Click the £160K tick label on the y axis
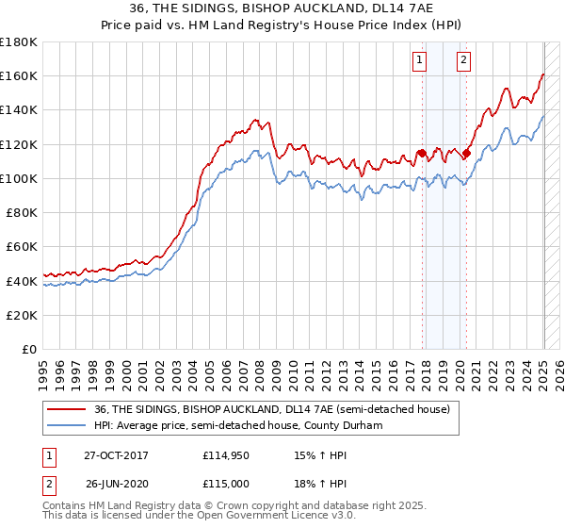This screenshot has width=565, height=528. coord(19,75)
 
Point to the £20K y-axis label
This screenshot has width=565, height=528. coord(22,315)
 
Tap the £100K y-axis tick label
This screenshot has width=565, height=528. coord(19,178)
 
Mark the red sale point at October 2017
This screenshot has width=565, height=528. coord(422,153)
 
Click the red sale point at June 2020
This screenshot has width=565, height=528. coord(466,153)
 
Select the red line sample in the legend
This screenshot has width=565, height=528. coord(65,409)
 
